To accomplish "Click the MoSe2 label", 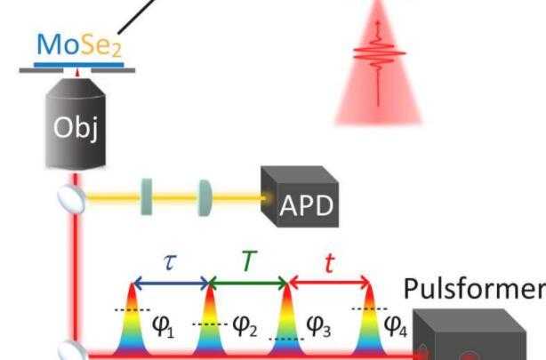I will tap(80, 44).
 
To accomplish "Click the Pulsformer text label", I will tap(473, 290).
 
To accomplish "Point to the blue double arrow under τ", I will tap(172, 283).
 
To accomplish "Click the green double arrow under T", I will tap(248, 283).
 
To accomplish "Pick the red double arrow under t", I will tap(329, 283).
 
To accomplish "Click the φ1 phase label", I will tap(162, 326).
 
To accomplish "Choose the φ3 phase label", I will tap(319, 327).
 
